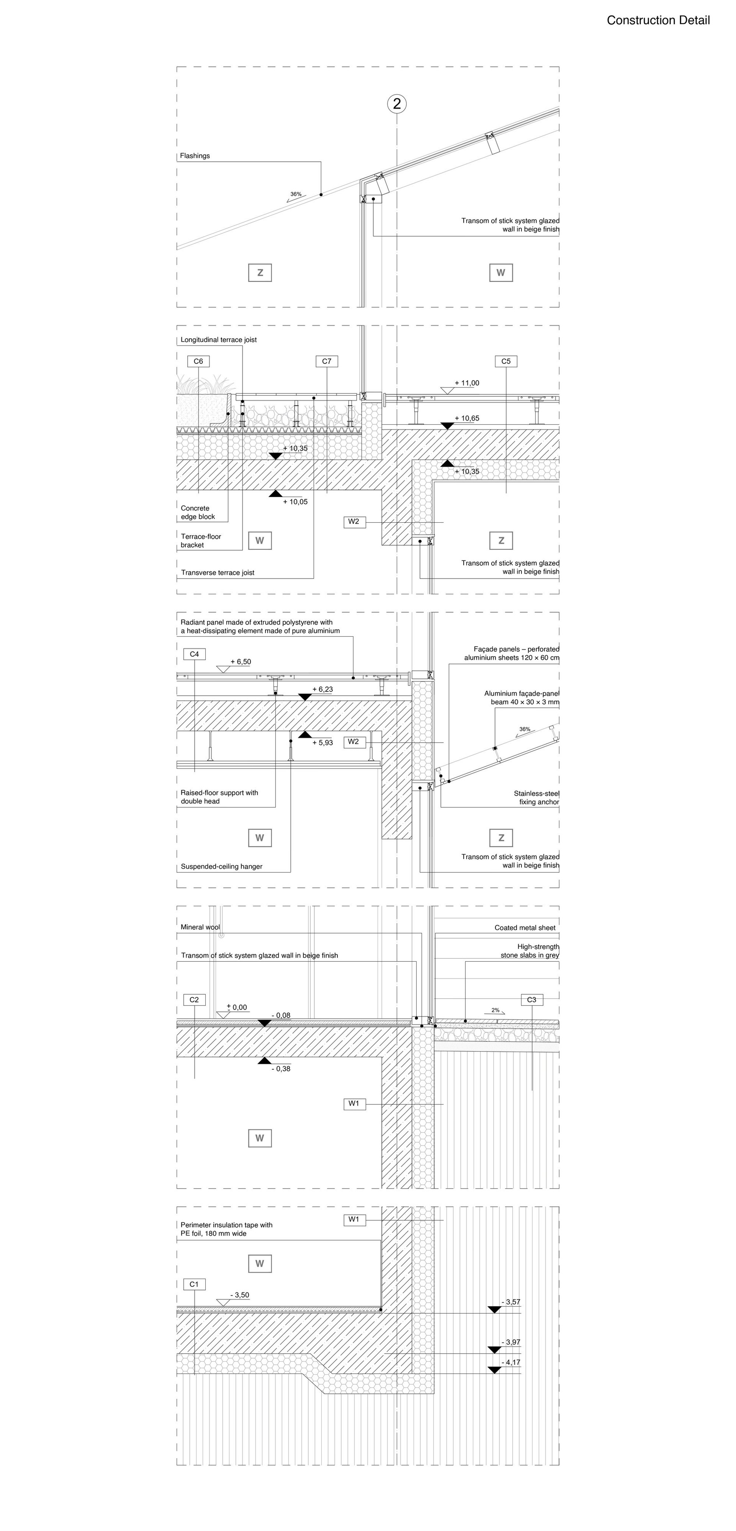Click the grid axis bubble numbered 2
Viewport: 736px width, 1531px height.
pos(397,104)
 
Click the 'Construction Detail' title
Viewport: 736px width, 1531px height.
pos(658,20)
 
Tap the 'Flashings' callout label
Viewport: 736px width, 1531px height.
pos(195,156)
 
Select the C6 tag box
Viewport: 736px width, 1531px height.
pos(198,361)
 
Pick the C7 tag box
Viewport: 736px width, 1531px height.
pos(326,361)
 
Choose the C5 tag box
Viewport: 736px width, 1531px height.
pos(506,361)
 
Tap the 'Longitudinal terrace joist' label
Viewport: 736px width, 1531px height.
pos(219,340)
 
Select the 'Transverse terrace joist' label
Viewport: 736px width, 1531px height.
pos(217,573)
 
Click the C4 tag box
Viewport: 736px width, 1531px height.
pos(194,654)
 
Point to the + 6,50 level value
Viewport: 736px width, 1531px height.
pos(241,662)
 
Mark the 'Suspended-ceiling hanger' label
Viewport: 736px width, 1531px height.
pos(222,867)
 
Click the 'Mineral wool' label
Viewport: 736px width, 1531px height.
pos(200,927)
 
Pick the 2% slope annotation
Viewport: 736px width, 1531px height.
pos(495,1010)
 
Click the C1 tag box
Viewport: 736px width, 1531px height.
pos(194,1284)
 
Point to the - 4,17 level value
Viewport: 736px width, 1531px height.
pos(511,1362)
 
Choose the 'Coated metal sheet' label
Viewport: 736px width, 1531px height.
pos(525,928)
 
